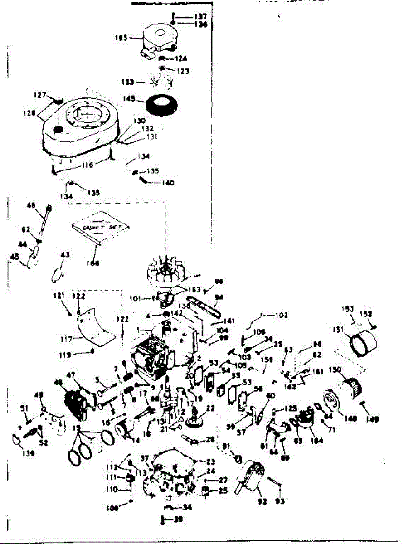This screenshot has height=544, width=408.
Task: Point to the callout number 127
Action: point(39,96)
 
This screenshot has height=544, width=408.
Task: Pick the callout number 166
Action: point(94,263)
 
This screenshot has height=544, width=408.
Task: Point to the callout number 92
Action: point(263,501)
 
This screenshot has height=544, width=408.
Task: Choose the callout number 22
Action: point(209,408)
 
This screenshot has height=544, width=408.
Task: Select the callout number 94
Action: point(219,297)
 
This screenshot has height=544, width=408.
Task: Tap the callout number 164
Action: point(316,440)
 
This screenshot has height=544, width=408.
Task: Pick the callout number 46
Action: point(31,205)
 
